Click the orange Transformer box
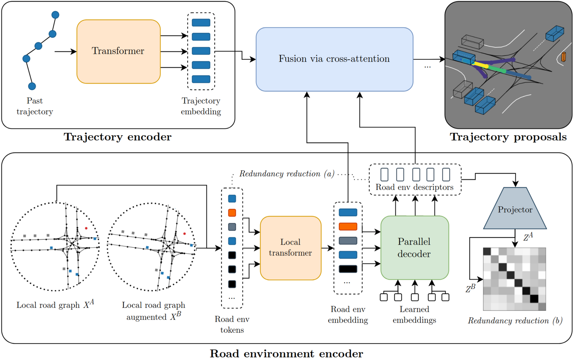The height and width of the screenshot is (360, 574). [118, 51]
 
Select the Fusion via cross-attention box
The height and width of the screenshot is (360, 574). [334, 59]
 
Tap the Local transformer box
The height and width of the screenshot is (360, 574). [290, 248]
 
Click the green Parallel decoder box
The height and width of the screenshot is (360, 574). [414, 248]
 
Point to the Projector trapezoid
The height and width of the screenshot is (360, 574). [515, 209]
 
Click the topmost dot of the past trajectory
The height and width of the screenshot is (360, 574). [55, 15]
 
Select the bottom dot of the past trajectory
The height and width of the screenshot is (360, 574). [32, 86]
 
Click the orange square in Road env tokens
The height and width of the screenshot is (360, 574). [232, 213]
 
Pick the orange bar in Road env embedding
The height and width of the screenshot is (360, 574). [348, 226]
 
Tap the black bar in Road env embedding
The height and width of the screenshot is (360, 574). [348, 269]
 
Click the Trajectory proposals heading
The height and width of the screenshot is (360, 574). [508, 137]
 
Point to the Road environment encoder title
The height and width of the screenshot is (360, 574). [286, 354]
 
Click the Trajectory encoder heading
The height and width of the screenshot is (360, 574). [118, 137]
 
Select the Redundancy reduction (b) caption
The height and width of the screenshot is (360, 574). [515, 321]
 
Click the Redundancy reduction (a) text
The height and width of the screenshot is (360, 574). [287, 174]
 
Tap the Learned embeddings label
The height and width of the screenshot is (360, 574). [414, 314]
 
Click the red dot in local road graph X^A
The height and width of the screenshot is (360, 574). [86, 228]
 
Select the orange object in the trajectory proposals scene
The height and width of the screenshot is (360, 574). [563, 57]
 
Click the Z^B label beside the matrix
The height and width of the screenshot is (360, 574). [470, 288]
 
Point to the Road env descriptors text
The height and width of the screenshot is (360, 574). [414, 187]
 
